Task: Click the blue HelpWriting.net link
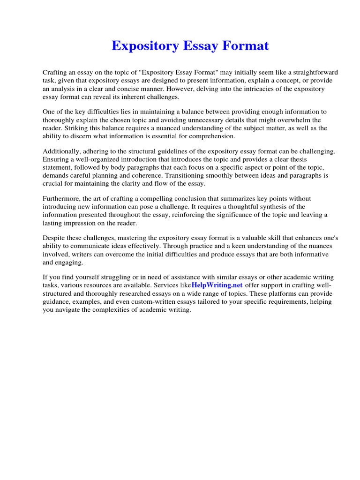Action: [217, 285]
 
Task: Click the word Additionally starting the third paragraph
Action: [62, 151]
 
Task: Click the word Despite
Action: [53, 238]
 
